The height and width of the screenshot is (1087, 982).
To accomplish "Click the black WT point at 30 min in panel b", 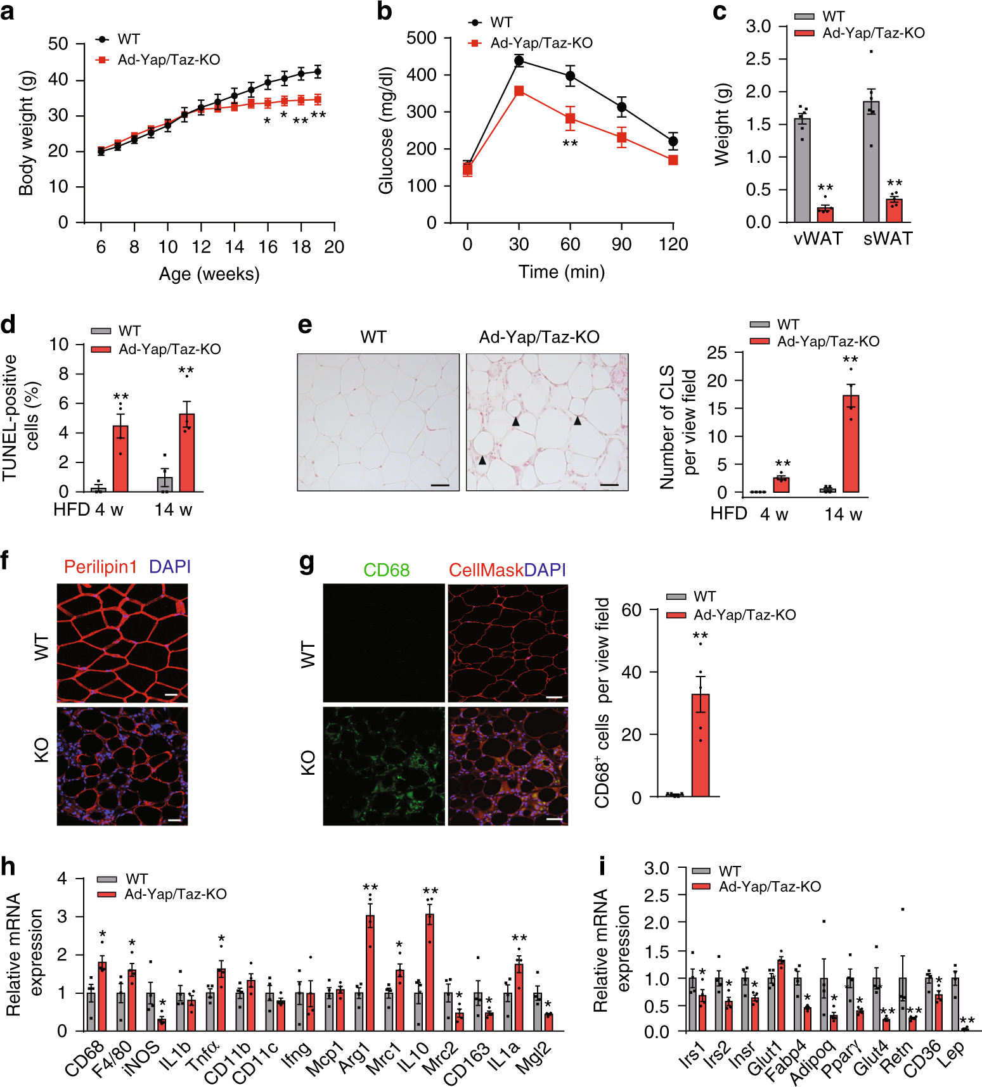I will click(519, 61).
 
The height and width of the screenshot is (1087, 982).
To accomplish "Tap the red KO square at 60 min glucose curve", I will click(570, 118).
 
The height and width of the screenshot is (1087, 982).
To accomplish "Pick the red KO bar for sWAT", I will click(894, 211).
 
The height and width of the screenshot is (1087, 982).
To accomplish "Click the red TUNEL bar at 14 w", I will click(186, 452).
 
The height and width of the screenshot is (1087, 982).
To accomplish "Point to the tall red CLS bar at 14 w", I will click(850, 443).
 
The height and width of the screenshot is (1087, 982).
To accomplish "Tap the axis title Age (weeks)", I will click(209, 274).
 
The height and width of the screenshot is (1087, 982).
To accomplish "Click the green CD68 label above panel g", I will click(386, 570).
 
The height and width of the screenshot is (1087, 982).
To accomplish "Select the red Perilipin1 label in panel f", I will click(100, 567).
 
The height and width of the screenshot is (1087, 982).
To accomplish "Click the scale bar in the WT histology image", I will click(439, 485).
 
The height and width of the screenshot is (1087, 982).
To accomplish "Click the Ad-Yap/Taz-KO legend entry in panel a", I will click(169, 60).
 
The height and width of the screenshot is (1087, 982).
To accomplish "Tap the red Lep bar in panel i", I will click(964, 1029).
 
